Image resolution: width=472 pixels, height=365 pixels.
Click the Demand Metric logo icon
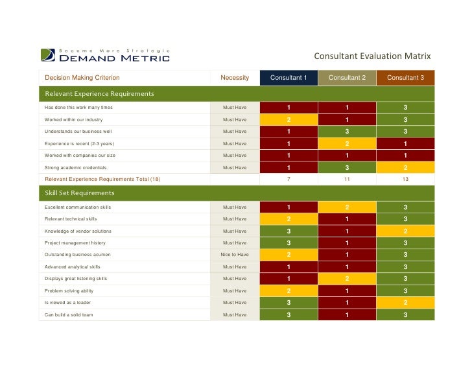click(48, 55)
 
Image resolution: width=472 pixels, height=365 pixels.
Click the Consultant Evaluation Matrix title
click(372, 56)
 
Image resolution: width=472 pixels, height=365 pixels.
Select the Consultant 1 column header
click(289, 78)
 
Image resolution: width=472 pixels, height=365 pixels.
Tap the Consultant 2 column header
click(347, 78)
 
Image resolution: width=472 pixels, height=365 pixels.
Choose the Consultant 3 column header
click(405, 78)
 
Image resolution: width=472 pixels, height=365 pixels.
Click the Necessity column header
click(235, 78)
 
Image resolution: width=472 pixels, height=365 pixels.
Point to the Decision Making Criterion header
click(82, 78)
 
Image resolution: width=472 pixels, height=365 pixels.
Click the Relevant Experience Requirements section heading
click(99, 94)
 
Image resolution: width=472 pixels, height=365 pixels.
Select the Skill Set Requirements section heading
click(80, 193)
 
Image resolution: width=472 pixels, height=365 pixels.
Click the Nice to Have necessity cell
click(235, 255)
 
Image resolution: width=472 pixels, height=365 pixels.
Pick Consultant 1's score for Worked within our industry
click(289, 120)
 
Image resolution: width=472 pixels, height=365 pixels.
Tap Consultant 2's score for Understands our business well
click(347, 132)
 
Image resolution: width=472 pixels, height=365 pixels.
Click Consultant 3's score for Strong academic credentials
click(405, 168)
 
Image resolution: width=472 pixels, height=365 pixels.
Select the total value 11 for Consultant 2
click(347, 179)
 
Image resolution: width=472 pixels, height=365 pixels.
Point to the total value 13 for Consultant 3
click(405, 179)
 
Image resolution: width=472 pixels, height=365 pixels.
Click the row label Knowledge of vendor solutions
click(78, 231)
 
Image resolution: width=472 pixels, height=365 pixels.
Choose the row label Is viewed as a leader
click(67, 302)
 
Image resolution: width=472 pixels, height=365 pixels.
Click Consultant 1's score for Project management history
click(289, 243)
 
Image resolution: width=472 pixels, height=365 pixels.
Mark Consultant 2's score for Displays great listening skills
click(347, 279)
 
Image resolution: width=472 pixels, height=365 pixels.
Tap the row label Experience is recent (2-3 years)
click(80, 144)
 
